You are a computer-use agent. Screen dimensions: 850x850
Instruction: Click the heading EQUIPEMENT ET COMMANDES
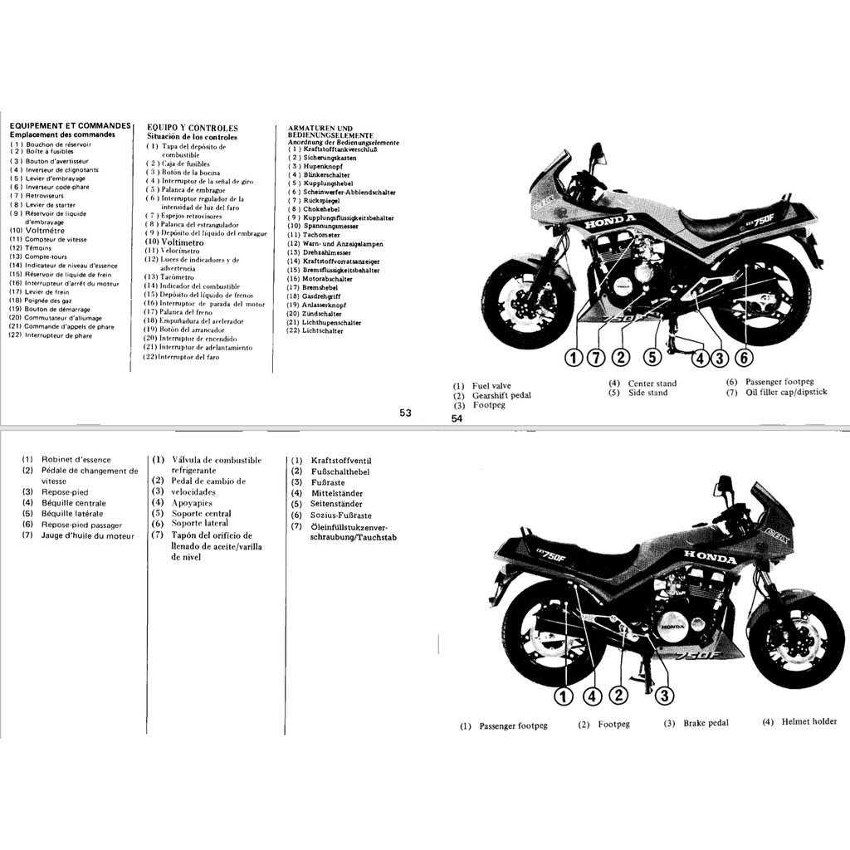tap(71, 125)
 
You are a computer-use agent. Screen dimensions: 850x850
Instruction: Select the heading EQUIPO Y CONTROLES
tap(193, 128)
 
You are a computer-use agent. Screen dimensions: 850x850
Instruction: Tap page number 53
tap(405, 413)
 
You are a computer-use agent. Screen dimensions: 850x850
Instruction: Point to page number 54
tap(457, 419)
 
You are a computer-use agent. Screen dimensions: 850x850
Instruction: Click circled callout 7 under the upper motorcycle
tap(595, 358)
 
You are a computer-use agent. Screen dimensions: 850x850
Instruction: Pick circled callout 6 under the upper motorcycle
tap(745, 358)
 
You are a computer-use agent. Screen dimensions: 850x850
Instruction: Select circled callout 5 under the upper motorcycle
tap(652, 358)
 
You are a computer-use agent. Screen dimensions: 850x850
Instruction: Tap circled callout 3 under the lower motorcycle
tap(665, 696)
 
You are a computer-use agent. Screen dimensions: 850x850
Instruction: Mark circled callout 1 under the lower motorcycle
tap(564, 696)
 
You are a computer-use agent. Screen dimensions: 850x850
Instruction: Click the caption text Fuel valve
tap(491, 386)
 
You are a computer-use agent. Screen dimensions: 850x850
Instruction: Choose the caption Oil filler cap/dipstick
tap(786, 393)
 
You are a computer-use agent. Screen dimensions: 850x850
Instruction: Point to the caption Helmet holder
tap(809, 722)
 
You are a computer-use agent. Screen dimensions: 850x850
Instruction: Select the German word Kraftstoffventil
tap(341, 461)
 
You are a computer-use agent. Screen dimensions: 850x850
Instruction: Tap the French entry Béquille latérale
tap(72, 514)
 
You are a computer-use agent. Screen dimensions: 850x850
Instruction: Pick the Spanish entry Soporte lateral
tap(200, 524)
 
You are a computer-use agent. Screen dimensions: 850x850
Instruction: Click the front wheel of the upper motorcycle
tap(525, 304)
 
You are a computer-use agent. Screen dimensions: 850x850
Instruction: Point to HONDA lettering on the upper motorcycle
tap(610, 223)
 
